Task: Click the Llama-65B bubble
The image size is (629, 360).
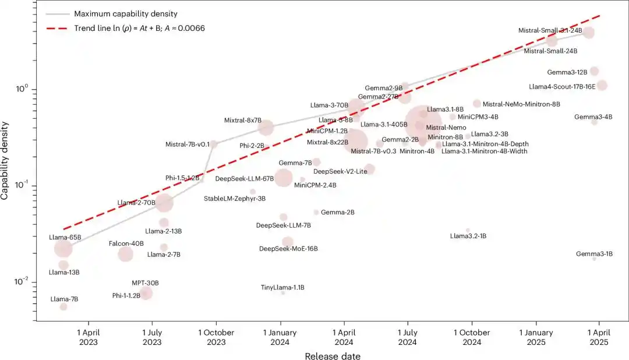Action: [63, 249]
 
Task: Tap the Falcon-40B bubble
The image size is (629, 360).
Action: [125, 254]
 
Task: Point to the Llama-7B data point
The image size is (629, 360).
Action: [63, 306]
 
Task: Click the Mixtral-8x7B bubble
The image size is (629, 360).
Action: [266, 128]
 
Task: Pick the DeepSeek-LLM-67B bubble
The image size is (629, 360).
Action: [284, 178]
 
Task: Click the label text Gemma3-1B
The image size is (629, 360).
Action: [594, 254]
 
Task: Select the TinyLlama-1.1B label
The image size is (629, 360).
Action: [282, 287]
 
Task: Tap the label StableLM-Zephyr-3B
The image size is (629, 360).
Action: [235, 199]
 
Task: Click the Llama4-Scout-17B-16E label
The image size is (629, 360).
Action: [562, 86]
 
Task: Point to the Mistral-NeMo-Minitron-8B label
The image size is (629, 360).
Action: [521, 104]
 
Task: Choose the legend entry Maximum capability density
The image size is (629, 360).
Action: [125, 13]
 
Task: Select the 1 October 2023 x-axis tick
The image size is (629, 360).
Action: [215, 337]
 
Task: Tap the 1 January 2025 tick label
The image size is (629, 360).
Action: [535, 337]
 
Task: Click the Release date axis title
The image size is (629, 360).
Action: [332, 355]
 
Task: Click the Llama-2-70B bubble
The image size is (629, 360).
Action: [164, 203]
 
